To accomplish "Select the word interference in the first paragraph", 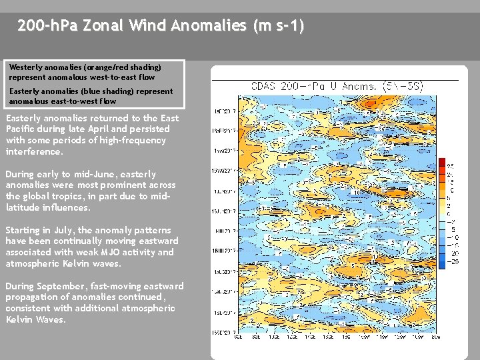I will [x=33, y=151].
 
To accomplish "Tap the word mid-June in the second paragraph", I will [x=91, y=174].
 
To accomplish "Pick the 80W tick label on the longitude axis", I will [x=435, y=336].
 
